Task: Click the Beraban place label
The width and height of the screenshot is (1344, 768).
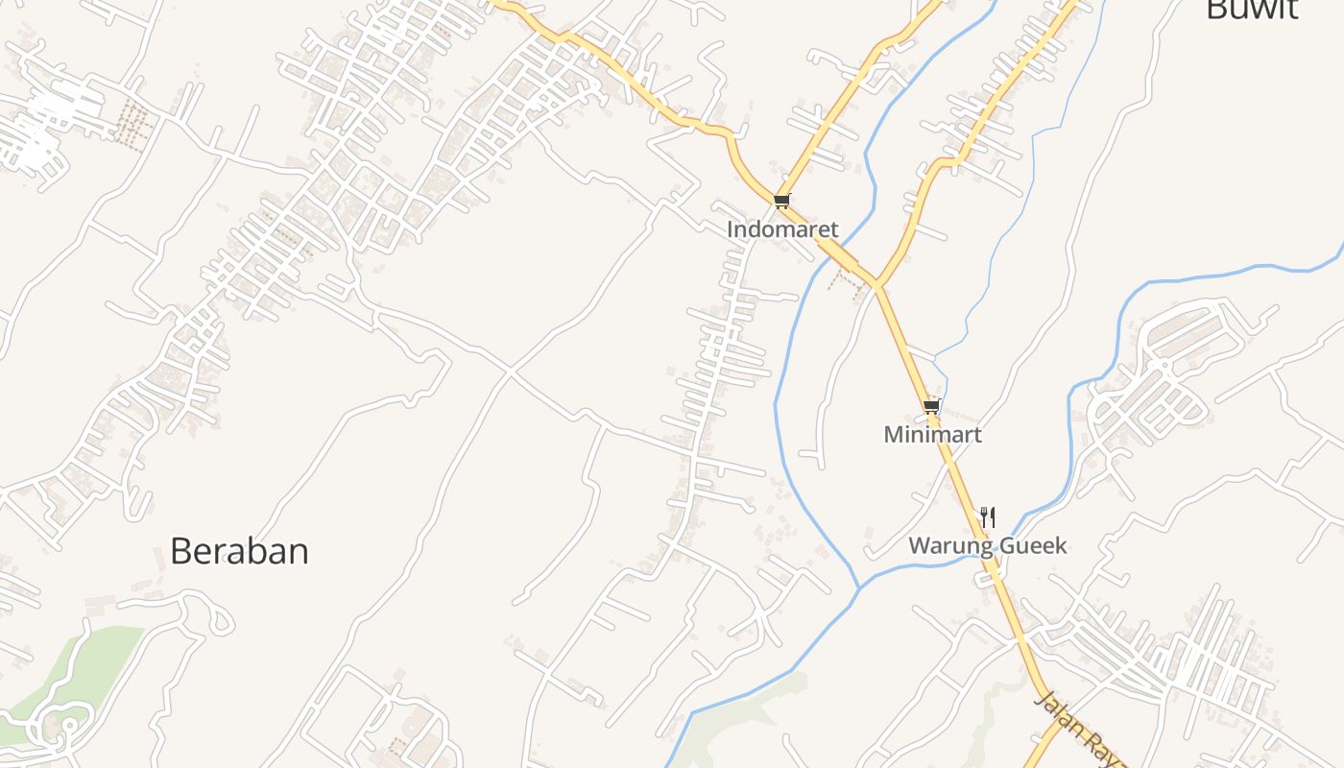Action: click(x=239, y=551)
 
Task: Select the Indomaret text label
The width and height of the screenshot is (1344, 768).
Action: click(x=782, y=229)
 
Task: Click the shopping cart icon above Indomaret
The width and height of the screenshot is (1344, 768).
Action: click(x=782, y=201)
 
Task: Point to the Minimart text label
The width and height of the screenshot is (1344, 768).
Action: click(x=932, y=434)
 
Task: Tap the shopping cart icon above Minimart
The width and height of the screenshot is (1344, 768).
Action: click(x=931, y=407)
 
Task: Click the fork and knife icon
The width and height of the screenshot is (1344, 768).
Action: click(x=987, y=517)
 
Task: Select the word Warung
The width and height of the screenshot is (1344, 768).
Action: click(x=949, y=546)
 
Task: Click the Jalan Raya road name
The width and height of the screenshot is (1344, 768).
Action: click(x=1080, y=730)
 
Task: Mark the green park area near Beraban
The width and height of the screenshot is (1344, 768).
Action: click(x=91, y=662)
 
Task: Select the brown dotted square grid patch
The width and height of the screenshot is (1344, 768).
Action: click(x=132, y=122)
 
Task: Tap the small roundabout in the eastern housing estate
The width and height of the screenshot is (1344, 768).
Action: click(x=1162, y=365)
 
